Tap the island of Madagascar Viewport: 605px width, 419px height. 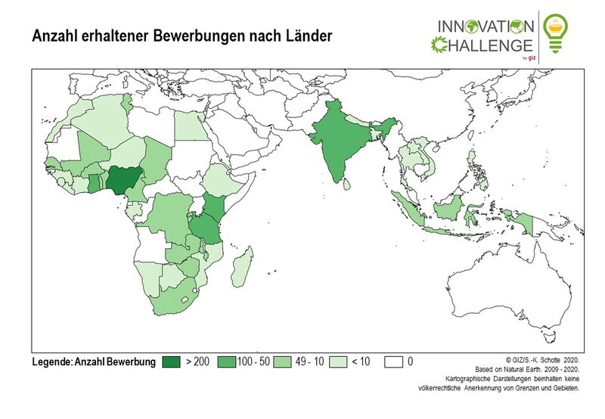coord(242,268)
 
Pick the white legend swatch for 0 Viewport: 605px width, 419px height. coord(394,362)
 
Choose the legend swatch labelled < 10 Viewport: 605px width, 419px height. coord(338,362)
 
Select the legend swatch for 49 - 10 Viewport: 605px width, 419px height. coord(283,362)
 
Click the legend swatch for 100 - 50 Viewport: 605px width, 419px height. coord(226,362)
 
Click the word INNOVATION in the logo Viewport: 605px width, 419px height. coord(484,25)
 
